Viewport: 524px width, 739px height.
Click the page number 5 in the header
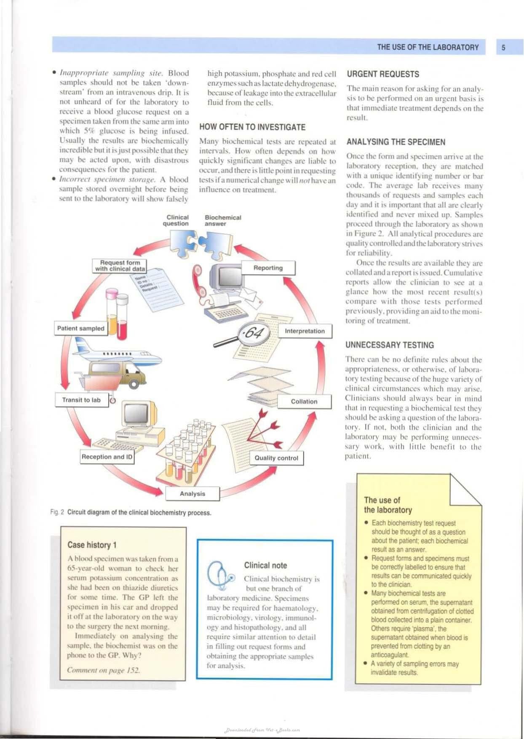coord(503,48)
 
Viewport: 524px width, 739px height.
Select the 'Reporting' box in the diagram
coord(268,268)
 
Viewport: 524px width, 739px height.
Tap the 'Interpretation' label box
coord(305,331)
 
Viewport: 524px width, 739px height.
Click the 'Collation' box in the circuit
coord(304,402)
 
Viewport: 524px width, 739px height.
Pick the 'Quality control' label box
coord(276,458)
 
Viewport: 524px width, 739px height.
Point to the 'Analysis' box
coord(192,494)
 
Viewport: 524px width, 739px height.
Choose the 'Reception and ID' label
coord(107,457)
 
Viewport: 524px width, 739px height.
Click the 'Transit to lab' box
coord(81,400)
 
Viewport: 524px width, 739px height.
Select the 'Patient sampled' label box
coord(81,328)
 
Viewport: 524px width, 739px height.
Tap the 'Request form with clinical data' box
coord(120,265)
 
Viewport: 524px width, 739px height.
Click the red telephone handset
coord(198,280)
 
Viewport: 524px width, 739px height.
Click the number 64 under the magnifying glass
coord(254,333)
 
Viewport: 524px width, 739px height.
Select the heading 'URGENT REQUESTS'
coord(383,74)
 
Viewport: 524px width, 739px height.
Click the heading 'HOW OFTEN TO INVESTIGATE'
coord(252,127)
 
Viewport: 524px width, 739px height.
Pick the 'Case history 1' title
coord(92,545)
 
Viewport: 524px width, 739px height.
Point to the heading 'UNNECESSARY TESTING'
coord(390,345)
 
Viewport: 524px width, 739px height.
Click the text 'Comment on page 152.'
coord(104,670)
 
